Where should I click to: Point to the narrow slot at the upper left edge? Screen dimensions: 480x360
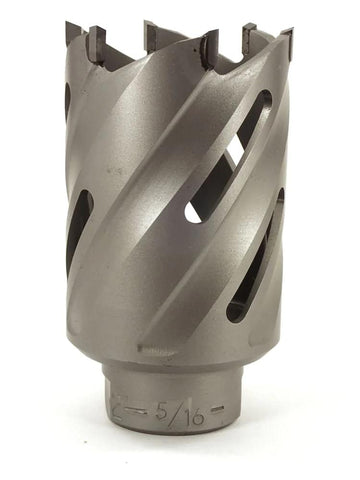coord(68,100)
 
